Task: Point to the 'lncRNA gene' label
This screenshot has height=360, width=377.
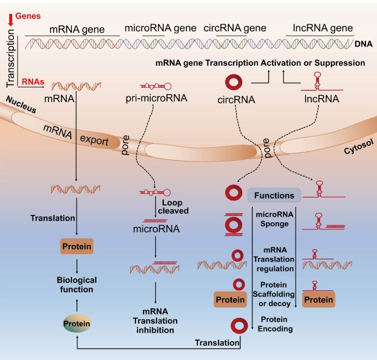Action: click(317, 28)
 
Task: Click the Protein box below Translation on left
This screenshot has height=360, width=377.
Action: click(77, 247)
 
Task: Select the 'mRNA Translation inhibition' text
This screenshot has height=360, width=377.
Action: click(160, 321)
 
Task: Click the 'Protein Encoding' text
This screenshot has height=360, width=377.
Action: click(276, 323)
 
